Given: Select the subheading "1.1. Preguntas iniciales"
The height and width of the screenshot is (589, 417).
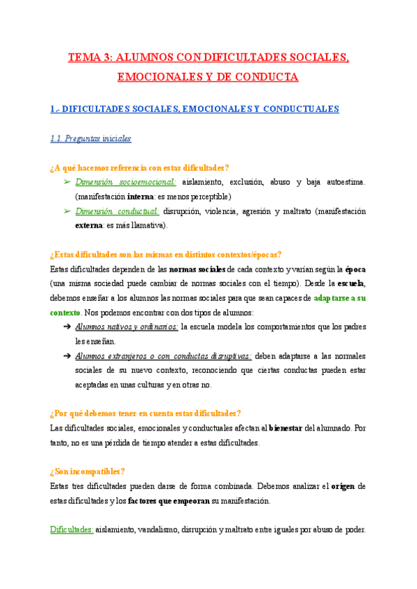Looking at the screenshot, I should pyautogui.click(x=91, y=138).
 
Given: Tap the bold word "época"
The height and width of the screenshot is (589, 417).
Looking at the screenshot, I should pyautogui.click(x=356, y=269).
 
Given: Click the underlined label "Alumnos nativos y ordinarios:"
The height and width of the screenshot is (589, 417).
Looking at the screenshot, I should pyautogui.click(x=126, y=326).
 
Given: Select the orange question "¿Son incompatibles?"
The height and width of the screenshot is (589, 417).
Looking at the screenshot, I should pyautogui.click(x=88, y=471).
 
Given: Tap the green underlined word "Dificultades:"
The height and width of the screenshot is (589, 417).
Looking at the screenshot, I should pyautogui.click(x=72, y=529).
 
